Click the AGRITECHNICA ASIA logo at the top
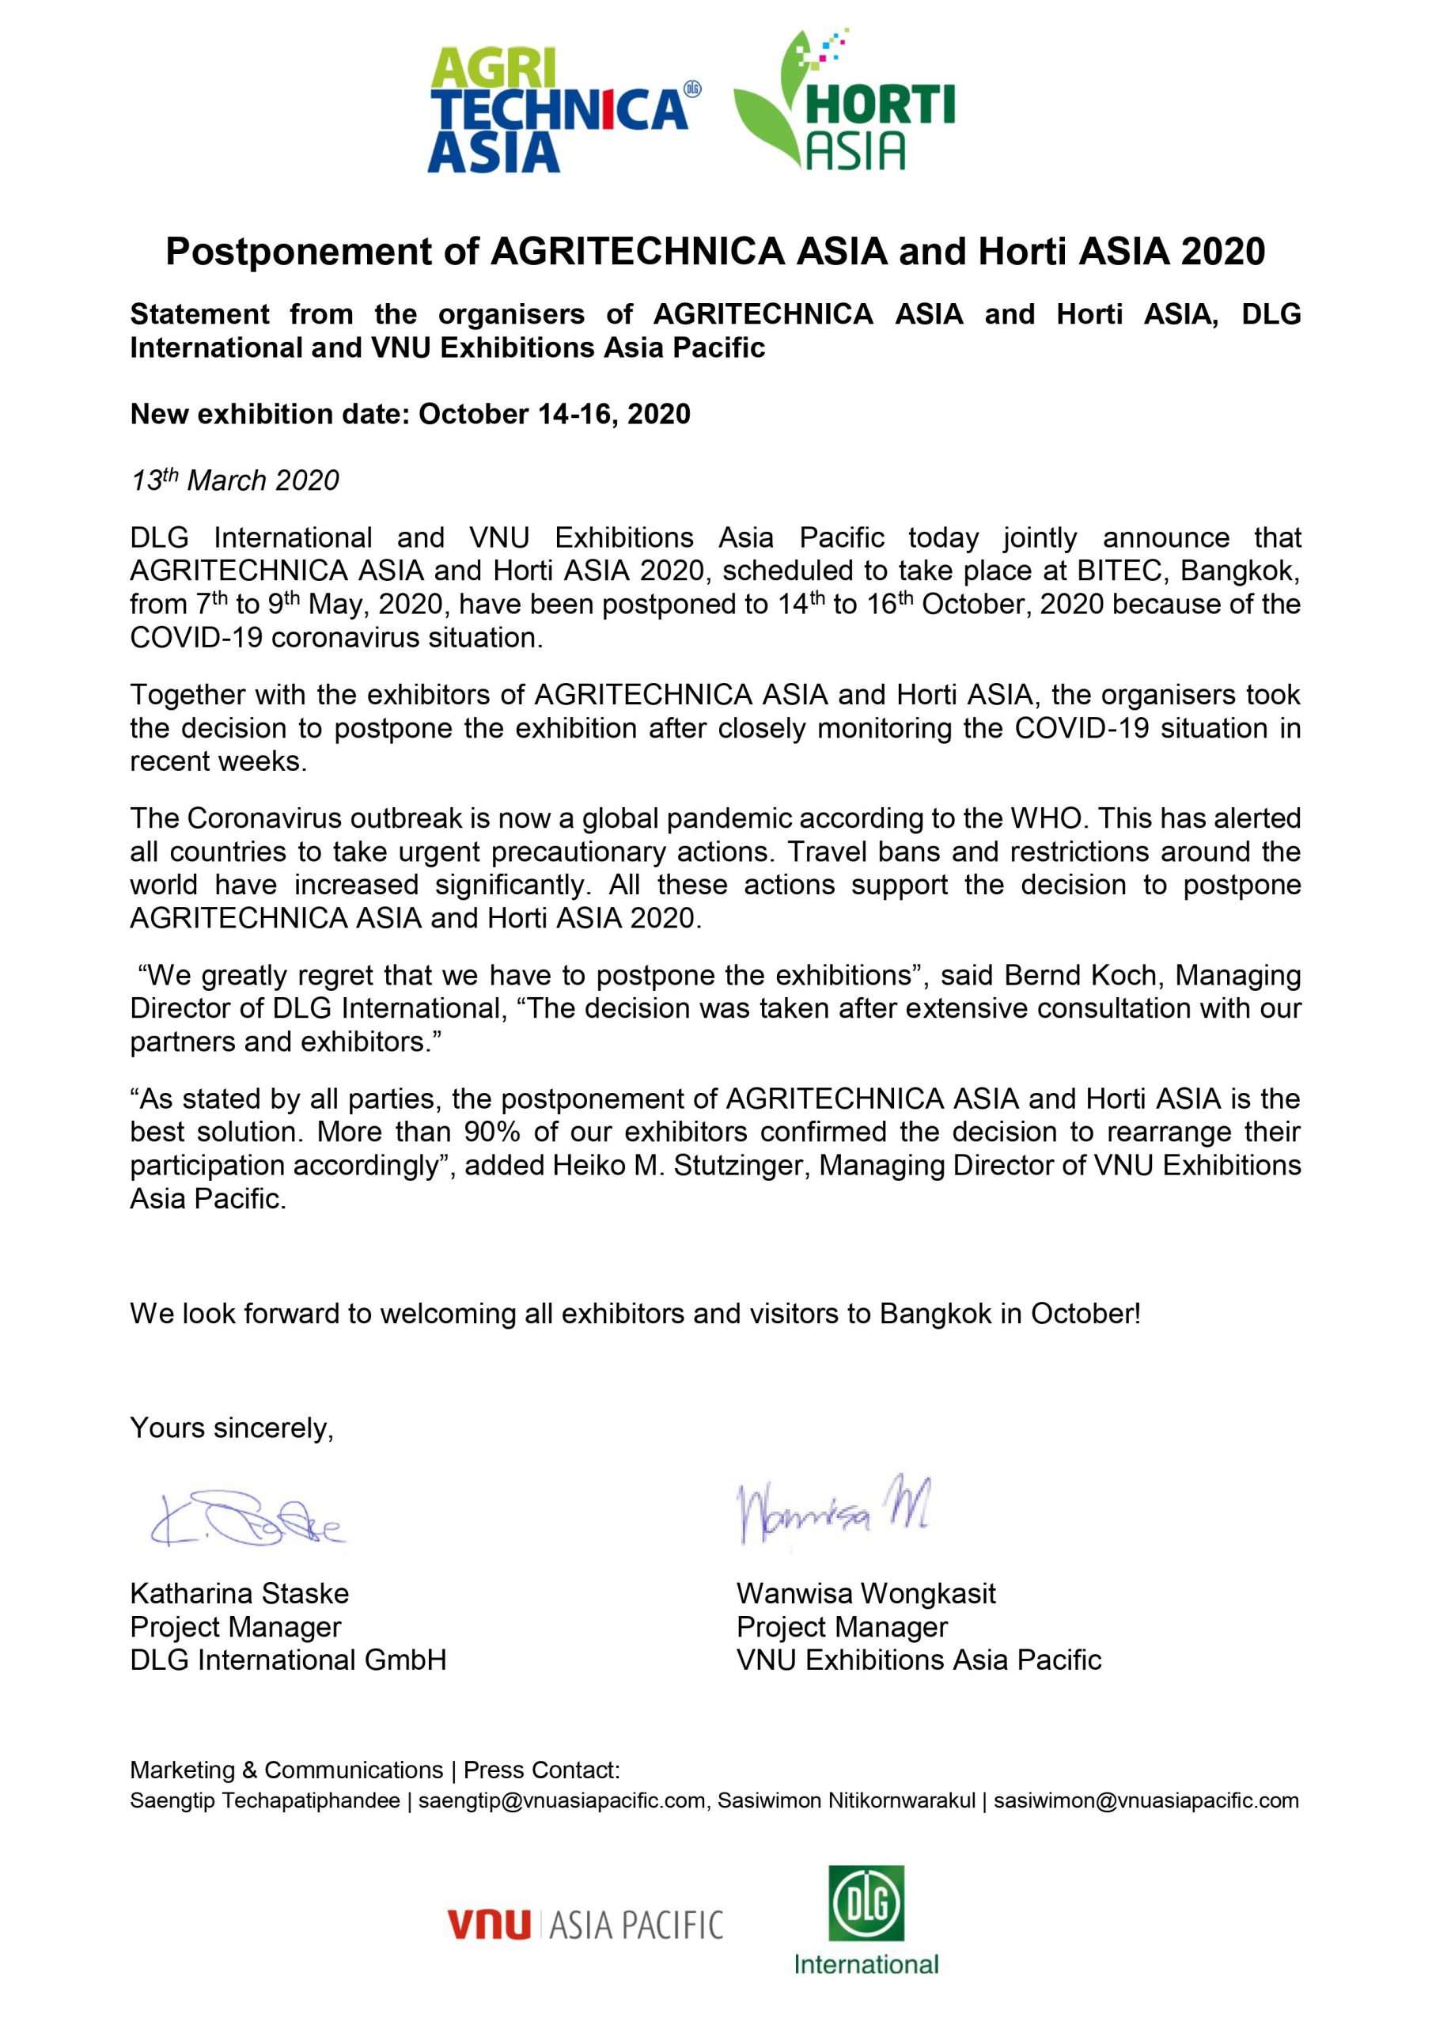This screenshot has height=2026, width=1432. pos(562,110)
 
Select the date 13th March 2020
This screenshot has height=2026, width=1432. pos(235,480)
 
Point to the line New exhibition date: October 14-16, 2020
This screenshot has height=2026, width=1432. pos(411,414)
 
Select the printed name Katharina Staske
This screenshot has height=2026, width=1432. pos(239,1594)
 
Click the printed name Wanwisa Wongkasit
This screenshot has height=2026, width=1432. pos(866,1594)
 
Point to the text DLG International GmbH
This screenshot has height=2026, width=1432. pos(288,1660)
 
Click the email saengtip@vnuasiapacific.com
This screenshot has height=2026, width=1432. pos(562,1800)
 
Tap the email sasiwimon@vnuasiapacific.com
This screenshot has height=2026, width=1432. pos(1146,1800)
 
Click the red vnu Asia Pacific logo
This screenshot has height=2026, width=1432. pos(585,1925)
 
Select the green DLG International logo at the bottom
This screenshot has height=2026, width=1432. pos(866,1919)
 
